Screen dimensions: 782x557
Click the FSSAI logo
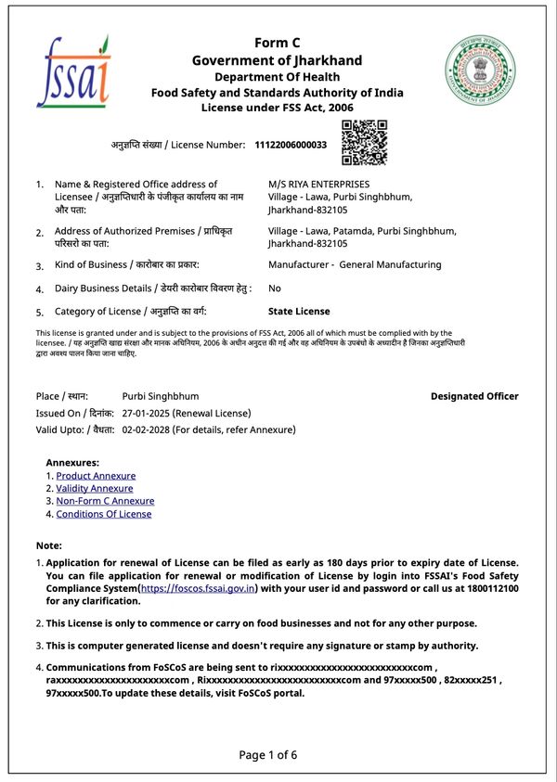(x=73, y=71)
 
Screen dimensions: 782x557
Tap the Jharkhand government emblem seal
(x=481, y=71)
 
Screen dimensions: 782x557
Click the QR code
(x=363, y=143)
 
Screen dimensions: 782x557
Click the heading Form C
(x=278, y=43)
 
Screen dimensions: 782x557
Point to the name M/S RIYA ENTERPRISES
(x=318, y=184)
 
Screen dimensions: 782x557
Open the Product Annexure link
(x=96, y=476)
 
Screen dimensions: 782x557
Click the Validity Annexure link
(x=94, y=488)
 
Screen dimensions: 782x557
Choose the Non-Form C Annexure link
(x=105, y=501)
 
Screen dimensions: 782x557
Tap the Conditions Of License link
(x=103, y=514)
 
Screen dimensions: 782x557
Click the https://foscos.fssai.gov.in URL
(x=198, y=589)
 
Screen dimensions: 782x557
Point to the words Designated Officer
(x=474, y=396)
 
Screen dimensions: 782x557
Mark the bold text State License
(x=299, y=312)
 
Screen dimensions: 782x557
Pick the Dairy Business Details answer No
(x=275, y=288)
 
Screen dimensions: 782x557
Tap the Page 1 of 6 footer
(x=268, y=754)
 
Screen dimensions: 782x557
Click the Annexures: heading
(x=72, y=462)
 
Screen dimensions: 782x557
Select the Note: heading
(x=48, y=545)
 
